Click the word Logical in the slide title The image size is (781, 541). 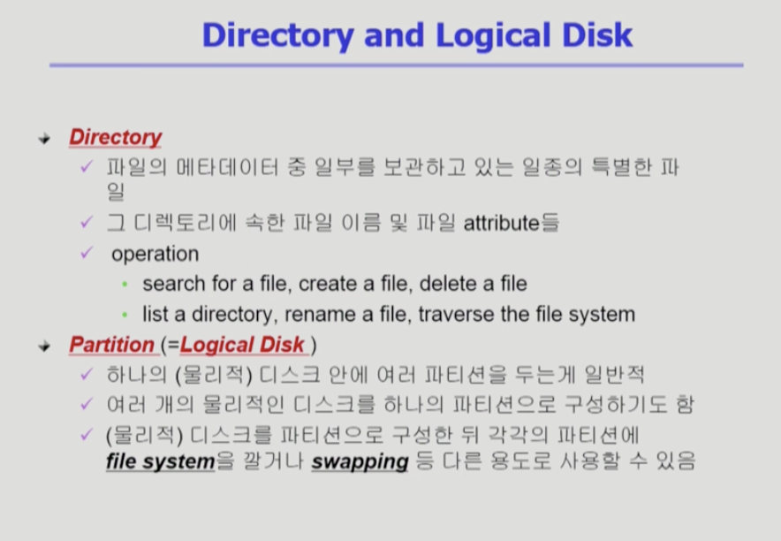[x=493, y=37]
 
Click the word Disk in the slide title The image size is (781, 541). [x=596, y=34]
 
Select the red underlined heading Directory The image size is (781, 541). [x=115, y=138]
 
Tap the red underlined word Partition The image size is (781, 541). [x=112, y=345]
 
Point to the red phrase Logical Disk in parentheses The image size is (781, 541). [x=242, y=346]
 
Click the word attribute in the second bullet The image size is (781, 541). [x=502, y=223]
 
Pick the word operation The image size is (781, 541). [x=155, y=254]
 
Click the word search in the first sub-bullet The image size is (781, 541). [x=174, y=284]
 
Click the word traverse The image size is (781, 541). [x=457, y=315]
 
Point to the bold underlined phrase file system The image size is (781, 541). [x=161, y=461]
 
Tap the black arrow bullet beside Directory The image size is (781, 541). [x=44, y=139]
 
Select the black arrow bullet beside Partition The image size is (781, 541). [x=44, y=346]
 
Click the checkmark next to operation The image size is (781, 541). [x=87, y=253]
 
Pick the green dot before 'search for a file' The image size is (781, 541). [x=125, y=284]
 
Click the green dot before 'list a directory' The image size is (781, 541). [x=125, y=315]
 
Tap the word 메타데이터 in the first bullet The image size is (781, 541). [x=227, y=167]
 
